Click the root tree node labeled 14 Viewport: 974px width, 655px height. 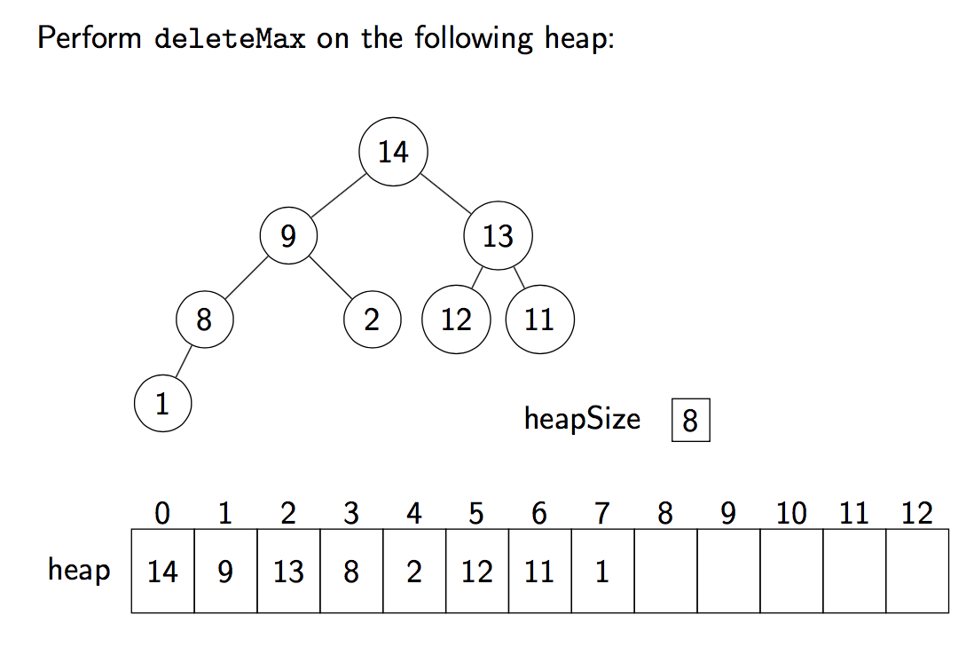pyautogui.click(x=393, y=152)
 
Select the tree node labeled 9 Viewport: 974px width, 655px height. pyautogui.click(x=287, y=236)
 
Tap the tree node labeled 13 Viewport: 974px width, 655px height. pyautogui.click(x=498, y=236)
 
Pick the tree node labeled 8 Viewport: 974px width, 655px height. pyautogui.click(x=204, y=320)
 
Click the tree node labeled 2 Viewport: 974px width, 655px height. pyautogui.click(x=372, y=320)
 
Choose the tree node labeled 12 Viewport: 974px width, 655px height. pyautogui.click(x=456, y=320)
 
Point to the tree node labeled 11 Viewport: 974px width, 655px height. pyautogui.click(x=539, y=320)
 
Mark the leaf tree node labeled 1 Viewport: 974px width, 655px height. pyautogui.click(x=162, y=404)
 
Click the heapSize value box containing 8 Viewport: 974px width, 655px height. pyautogui.click(x=690, y=420)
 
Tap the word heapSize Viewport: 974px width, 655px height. pyautogui.click(x=582, y=418)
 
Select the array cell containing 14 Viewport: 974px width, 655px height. pyautogui.click(x=162, y=571)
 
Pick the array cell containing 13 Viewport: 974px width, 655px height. pyautogui.click(x=288, y=571)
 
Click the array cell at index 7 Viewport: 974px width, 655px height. pyautogui.click(x=602, y=571)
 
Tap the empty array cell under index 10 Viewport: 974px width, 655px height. pyautogui.click(x=791, y=571)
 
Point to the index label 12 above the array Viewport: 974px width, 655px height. pyautogui.click(x=917, y=514)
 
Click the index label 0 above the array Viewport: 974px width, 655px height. pyautogui.click(x=162, y=514)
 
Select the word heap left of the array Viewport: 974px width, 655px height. pyautogui.click(x=79, y=569)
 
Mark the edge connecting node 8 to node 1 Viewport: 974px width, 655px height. pyautogui.click(x=184, y=361)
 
